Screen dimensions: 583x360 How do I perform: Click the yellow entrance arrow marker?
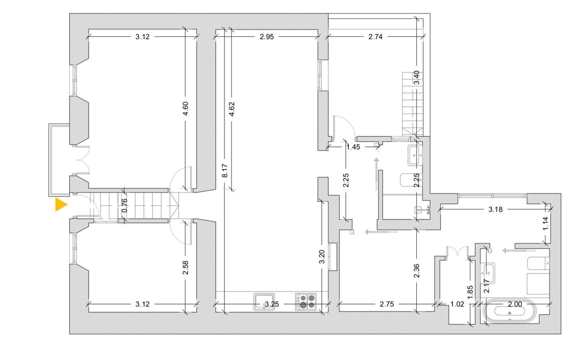click(x=61, y=205)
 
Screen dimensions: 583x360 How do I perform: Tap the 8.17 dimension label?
click(x=225, y=170)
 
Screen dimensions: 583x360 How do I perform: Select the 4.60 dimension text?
click(x=185, y=108)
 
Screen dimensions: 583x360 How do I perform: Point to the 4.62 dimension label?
click(x=231, y=109)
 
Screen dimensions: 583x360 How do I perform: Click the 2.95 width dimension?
click(x=267, y=37)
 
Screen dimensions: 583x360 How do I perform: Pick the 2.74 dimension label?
click(x=375, y=37)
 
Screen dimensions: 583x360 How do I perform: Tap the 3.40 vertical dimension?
click(x=417, y=78)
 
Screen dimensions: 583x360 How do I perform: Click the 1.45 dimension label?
click(x=353, y=147)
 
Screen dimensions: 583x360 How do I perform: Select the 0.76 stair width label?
click(x=125, y=205)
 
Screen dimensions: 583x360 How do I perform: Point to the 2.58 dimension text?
click(x=185, y=268)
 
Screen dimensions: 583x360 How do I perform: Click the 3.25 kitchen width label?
click(x=272, y=304)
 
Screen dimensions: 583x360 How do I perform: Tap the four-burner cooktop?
click(x=306, y=302)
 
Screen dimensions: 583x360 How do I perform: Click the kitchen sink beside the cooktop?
click(x=264, y=302)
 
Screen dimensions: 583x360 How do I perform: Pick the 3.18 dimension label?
click(x=495, y=209)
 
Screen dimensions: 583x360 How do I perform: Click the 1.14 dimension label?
click(x=546, y=223)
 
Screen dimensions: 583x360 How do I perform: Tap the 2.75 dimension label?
click(x=386, y=304)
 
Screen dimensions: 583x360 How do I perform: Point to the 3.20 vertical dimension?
click(x=322, y=257)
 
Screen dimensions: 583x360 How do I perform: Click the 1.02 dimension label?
click(x=457, y=304)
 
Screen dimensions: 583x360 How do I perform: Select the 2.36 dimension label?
click(x=417, y=271)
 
